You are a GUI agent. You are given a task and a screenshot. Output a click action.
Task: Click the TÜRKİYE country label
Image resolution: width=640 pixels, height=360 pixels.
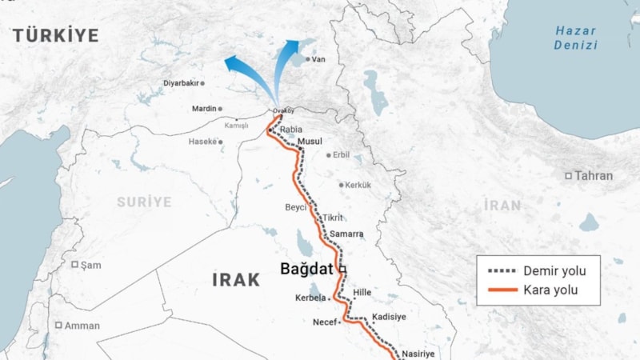tap(55, 35)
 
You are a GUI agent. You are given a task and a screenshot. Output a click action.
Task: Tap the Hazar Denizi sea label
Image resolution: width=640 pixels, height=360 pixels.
tap(576, 38)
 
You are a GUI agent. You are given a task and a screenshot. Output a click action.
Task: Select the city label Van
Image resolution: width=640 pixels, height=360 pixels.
tap(318, 59)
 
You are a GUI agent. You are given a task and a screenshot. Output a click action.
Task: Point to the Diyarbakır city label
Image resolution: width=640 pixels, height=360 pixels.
tap(180, 83)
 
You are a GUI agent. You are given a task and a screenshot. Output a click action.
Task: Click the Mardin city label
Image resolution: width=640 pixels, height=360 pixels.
tap(204, 109)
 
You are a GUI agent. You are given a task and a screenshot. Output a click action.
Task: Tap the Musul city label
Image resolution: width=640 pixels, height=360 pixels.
tap(310, 142)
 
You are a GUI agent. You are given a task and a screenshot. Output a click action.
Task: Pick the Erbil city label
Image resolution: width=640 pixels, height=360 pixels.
tap(341, 154)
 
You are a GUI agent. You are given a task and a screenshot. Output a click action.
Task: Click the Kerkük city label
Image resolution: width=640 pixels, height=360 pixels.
tap(358, 185)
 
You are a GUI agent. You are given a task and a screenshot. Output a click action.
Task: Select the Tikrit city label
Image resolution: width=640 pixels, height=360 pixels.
tap(332, 218)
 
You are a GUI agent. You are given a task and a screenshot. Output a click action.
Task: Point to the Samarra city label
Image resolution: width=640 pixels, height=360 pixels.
tap(346, 234)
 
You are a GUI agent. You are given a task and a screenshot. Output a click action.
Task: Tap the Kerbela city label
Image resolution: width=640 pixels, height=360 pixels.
tap(311, 298)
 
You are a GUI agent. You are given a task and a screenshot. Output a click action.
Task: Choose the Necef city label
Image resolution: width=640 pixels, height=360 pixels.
tap(327, 322)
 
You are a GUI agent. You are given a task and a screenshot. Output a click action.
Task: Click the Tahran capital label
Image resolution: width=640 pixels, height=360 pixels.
tap(593, 176)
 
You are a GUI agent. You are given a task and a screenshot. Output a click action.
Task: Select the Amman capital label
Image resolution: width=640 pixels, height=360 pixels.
tap(82, 326)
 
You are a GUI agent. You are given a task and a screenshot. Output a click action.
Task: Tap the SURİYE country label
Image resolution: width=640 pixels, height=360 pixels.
tap(144, 202)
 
